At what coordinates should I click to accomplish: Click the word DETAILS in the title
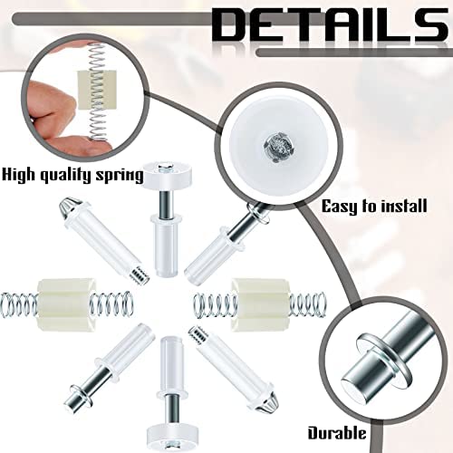click(x=330, y=25)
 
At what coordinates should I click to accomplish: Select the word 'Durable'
click(x=337, y=433)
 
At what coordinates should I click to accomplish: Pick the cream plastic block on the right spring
click(x=260, y=305)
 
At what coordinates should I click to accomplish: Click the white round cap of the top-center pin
click(x=168, y=176)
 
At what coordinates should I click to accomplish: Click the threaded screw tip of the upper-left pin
click(x=140, y=275)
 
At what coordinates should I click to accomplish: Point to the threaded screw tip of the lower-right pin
click(x=198, y=335)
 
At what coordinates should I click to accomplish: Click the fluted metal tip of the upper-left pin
click(x=66, y=207)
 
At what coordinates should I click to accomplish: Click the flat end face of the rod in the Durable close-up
click(x=352, y=389)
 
